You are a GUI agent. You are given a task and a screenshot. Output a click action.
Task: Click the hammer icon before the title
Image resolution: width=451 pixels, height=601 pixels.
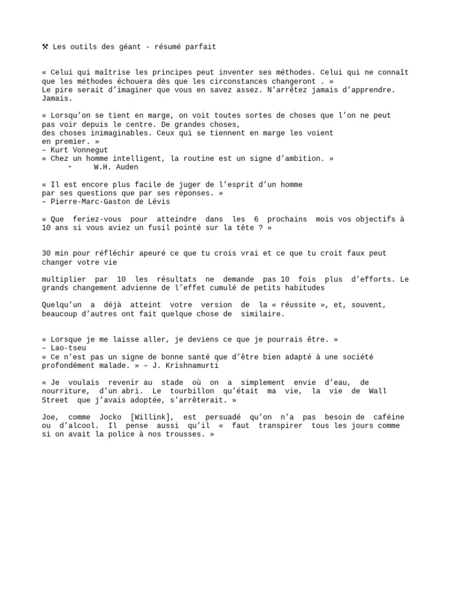point(45,46)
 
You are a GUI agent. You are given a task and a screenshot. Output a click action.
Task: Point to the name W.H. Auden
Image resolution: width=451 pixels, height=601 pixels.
point(116,167)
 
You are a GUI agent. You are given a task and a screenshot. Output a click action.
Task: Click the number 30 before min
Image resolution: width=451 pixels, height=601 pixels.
point(46,254)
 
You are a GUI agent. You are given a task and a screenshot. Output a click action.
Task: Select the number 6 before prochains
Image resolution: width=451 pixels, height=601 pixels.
point(256,219)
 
